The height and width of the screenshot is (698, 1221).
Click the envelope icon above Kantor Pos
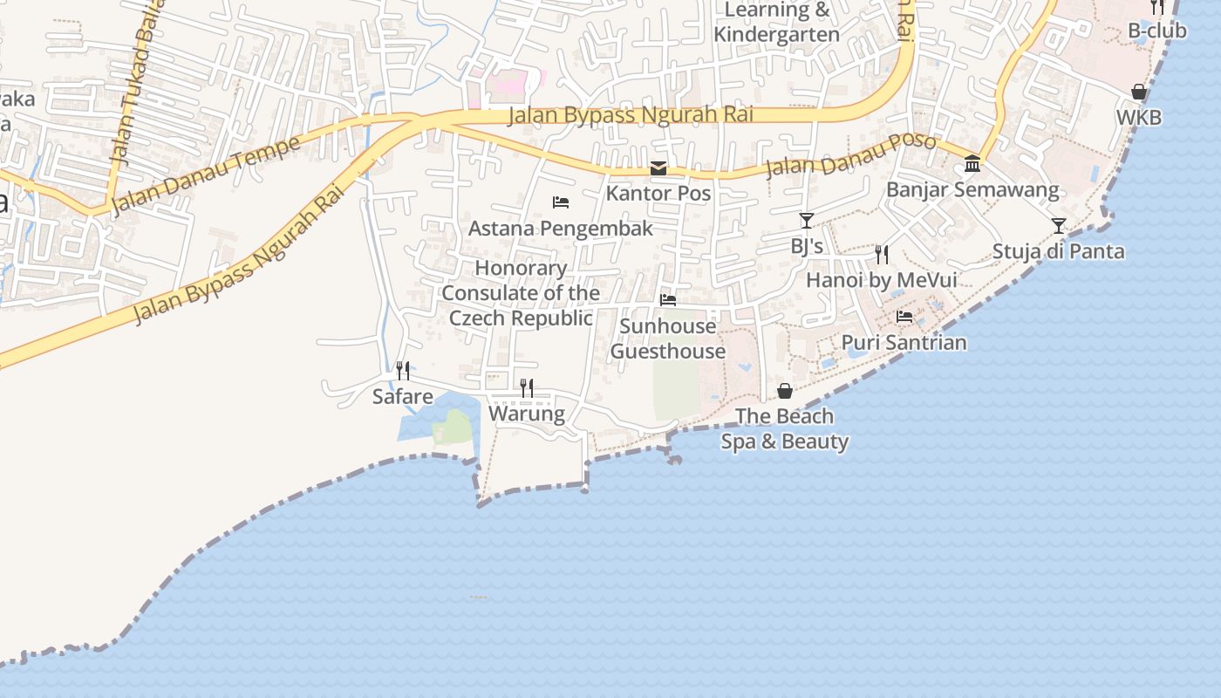click(658, 168)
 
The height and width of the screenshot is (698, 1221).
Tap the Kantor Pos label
click(658, 193)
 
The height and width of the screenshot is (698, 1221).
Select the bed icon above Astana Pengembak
click(561, 202)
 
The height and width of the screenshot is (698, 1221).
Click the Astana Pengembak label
click(561, 229)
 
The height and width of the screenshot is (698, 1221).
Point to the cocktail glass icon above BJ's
click(807, 221)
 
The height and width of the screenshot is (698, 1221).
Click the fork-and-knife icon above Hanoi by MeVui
click(882, 255)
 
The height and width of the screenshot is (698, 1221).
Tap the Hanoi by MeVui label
click(882, 280)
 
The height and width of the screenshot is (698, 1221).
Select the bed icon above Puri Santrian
click(904, 317)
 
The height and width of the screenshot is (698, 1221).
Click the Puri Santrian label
click(904, 342)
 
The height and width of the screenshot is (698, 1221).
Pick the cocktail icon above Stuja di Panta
click(1059, 226)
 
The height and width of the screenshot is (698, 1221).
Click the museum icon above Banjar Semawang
click(972, 164)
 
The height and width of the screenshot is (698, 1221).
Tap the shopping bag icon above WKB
click(1139, 92)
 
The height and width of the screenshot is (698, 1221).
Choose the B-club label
click(1157, 31)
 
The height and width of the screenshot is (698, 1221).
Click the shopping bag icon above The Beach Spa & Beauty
click(785, 391)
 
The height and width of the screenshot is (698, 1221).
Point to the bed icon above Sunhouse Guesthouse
click(668, 300)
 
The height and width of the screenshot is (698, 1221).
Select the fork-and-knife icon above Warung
click(527, 388)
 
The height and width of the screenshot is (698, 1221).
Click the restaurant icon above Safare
click(403, 371)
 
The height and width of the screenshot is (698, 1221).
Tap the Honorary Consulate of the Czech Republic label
click(521, 293)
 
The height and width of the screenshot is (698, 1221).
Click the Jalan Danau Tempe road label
click(208, 173)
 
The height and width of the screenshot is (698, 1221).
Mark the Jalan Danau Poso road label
click(850, 154)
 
